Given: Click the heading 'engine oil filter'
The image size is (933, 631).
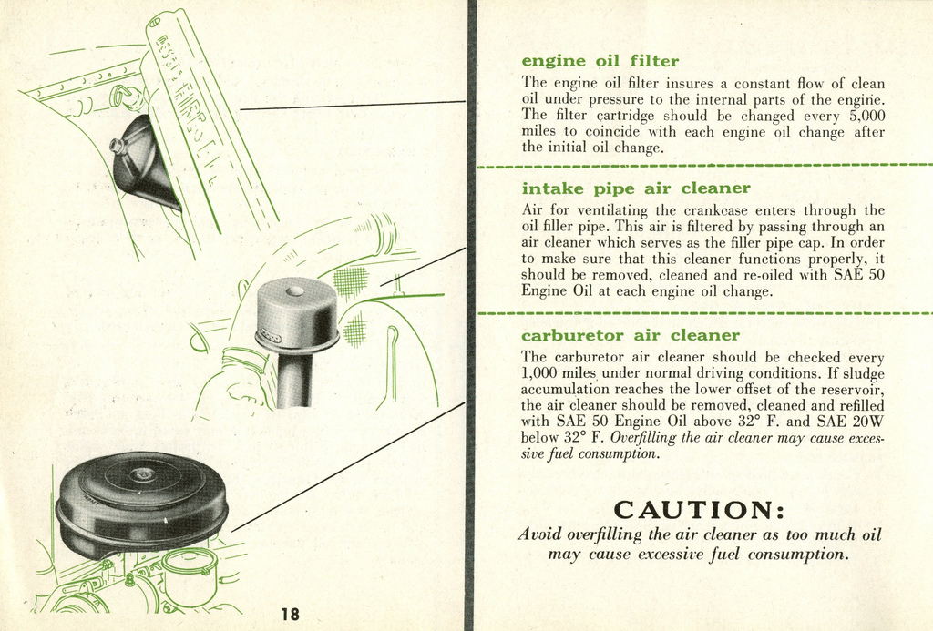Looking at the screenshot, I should pos(600,61).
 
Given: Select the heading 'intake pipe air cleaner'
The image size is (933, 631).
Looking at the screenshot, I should pos(635,188).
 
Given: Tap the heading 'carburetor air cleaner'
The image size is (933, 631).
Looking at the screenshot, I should pos(630,335).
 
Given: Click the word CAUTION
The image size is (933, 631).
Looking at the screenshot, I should pos(699,508).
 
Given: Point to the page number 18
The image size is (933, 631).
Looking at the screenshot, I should pos(291,614).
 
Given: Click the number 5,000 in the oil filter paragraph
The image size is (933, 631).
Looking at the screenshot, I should pos(861,116).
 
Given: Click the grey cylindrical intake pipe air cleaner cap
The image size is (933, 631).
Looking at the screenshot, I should pos(296,312).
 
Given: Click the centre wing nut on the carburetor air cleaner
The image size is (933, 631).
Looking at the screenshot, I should pos(142,474).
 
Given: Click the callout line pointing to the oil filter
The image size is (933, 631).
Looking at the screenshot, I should pos(351,106).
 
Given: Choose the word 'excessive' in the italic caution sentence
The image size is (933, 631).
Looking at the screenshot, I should pos(672,554).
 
